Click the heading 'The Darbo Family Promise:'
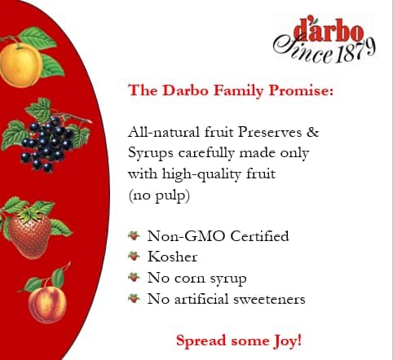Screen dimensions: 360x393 (x=231, y=90)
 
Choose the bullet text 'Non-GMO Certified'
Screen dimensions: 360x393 (x=218, y=236)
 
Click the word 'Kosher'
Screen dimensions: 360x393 (x=173, y=257)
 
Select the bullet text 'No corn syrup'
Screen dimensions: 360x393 (x=196, y=279)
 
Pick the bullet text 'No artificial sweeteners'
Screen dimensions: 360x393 (x=226, y=299)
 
